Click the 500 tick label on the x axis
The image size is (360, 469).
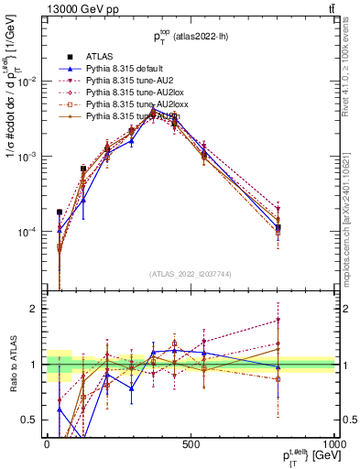(190, 443)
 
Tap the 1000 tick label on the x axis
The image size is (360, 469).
(329, 443)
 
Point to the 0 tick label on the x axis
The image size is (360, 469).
(47, 443)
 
